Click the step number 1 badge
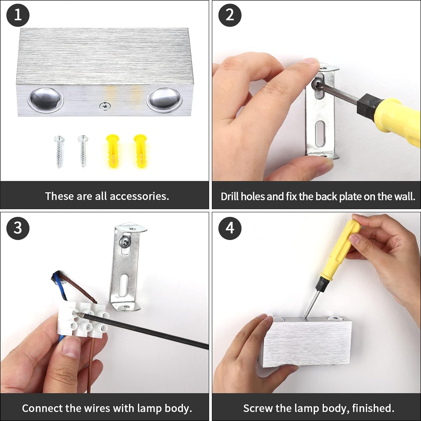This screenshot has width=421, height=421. [18, 15]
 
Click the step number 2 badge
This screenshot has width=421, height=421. [230, 15]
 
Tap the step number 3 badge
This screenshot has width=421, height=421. [18, 228]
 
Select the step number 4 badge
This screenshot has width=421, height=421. [230, 228]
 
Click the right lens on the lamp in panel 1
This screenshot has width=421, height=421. [164, 100]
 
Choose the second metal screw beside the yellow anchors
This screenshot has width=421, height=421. [83, 152]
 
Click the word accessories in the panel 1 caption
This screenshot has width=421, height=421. [139, 196]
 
